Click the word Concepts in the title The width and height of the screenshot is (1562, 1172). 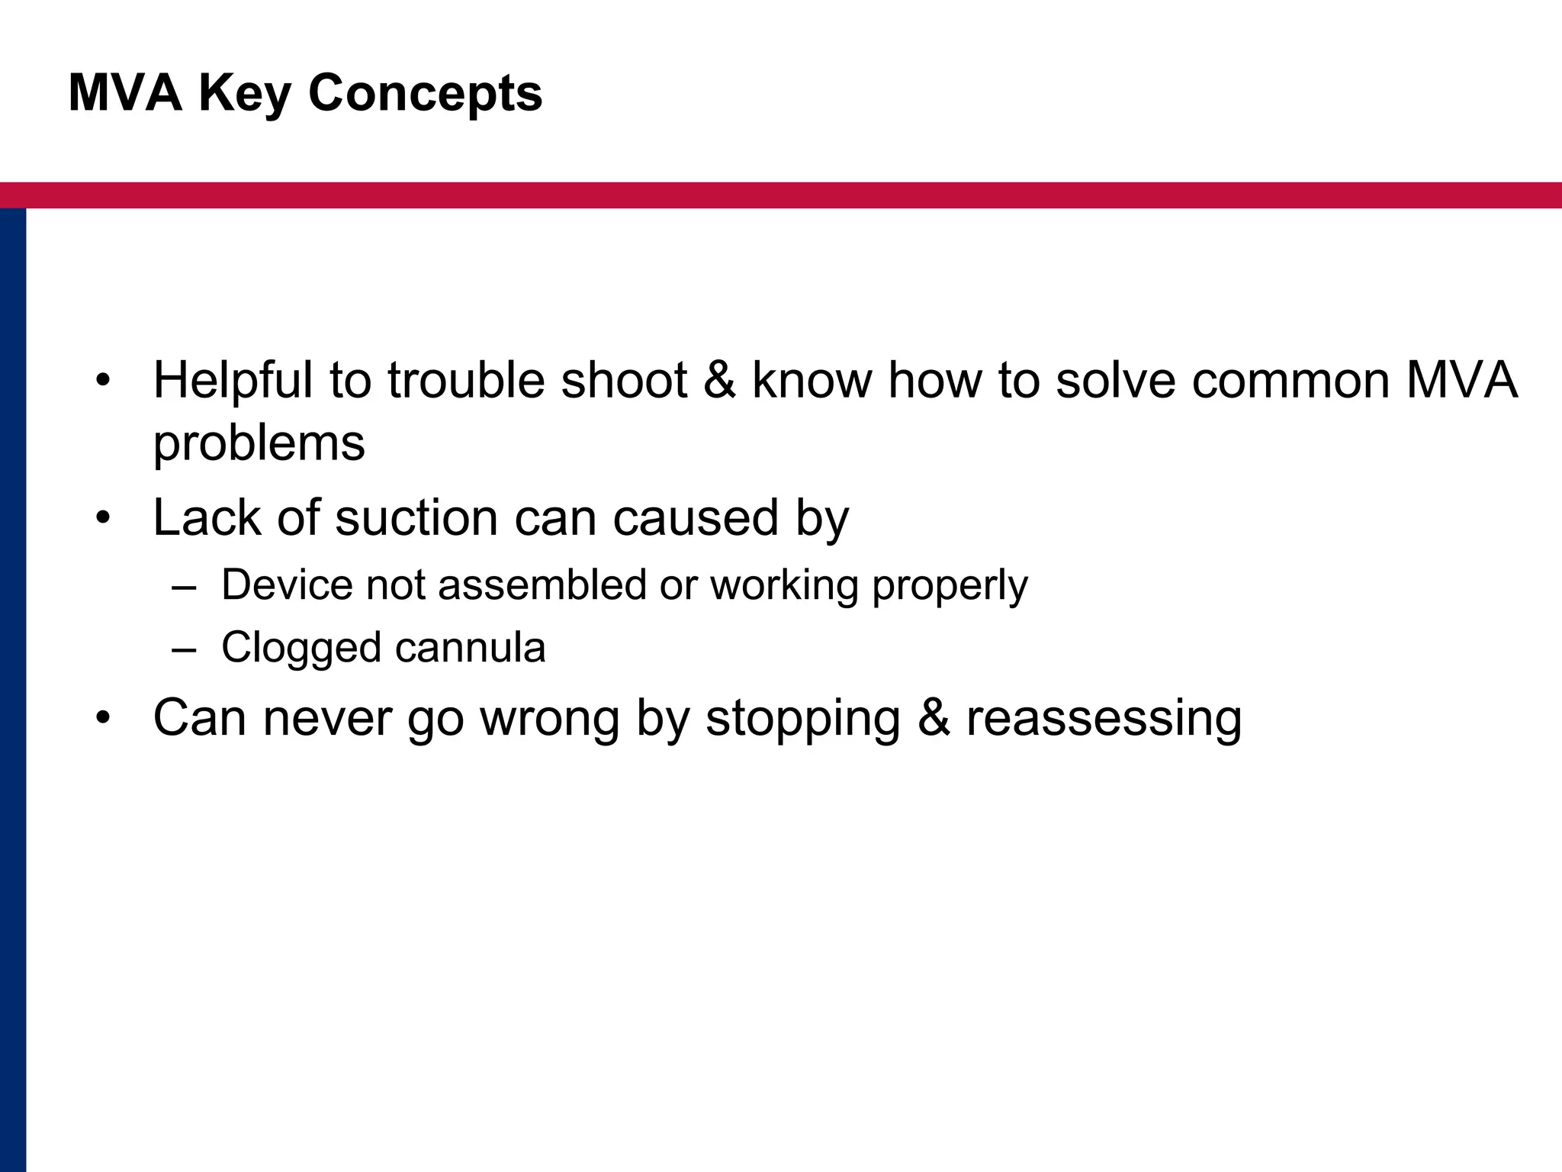(x=425, y=93)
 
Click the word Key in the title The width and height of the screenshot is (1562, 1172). (x=244, y=93)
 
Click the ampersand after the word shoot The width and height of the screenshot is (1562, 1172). (x=720, y=380)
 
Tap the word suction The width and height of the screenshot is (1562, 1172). (x=416, y=518)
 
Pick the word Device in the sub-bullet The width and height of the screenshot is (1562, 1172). (x=287, y=585)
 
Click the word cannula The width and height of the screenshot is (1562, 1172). (x=470, y=648)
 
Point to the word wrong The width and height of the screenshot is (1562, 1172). (x=549, y=719)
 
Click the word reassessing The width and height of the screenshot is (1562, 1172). (x=1104, y=719)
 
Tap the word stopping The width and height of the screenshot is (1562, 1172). (x=802, y=719)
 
